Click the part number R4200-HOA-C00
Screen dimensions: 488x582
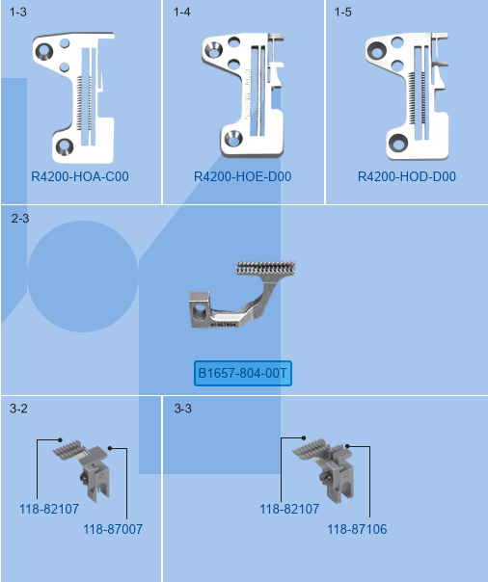pyautogui.click(x=80, y=176)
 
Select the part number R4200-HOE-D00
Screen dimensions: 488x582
pyautogui.click(x=242, y=176)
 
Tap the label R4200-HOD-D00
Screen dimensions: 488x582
pyautogui.click(x=407, y=176)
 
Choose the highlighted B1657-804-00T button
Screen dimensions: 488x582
pyautogui.click(x=243, y=373)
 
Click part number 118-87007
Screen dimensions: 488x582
pyautogui.click(x=113, y=529)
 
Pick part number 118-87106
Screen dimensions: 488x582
pyautogui.click(x=357, y=529)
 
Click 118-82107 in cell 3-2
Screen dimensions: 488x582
pyautogui.click(x=49, y=509)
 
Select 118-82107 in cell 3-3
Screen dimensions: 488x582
pyautogui.click(x=289, y=509)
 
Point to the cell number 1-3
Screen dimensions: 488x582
pyautogui.click(x=17, y=12)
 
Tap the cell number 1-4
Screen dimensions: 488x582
pyautogui.click(x=182, y=12)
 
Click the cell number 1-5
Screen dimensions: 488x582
pyautogui.click(x=342, y=12)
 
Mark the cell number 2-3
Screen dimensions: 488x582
pyautogui.click(x=20, y=218)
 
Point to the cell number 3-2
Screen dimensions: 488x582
pyautogui.click(x=18, y=409)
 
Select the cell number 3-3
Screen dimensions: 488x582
pyautogui.click(x=183, y=409)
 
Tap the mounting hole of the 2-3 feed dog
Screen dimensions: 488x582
pyautogui.click(x=200, y=312)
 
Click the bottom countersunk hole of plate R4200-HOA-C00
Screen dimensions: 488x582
pyautogui.click(x=65, y=146)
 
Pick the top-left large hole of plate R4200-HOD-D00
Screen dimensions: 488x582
pyautogui.click(x=376, y=50)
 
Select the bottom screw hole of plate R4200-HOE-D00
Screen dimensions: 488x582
pyautogui.click(x=232, y=139)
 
